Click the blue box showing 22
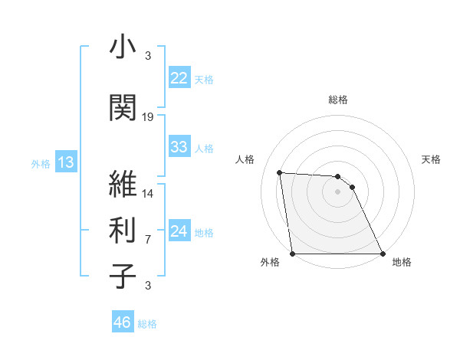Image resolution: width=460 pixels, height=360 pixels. pos(179,79)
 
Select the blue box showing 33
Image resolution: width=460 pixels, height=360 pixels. pos(179,147)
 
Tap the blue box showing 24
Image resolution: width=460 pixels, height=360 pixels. pos(179,232)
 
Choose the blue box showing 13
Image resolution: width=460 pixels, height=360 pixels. pos(65,162)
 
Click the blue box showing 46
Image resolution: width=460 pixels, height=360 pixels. pos(122,322)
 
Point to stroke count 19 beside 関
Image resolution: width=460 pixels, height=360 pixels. pos(149,116)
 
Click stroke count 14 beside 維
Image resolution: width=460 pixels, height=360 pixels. pos(149,193)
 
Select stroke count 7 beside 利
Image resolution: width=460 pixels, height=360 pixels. pos(148,240)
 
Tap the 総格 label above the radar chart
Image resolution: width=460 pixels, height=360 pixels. pos(338,100)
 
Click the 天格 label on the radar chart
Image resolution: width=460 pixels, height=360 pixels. pos(431,159)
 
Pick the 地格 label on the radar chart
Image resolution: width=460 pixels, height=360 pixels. pos(402,263)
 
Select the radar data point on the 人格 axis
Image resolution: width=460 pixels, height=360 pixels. pos(280,173)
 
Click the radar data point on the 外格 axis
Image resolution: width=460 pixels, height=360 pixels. pos(293,254)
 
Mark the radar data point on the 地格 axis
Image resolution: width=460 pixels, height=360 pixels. pos(382,254)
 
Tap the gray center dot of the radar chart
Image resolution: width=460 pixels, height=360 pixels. pos(337,192)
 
